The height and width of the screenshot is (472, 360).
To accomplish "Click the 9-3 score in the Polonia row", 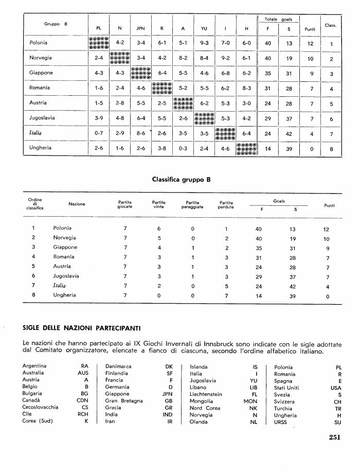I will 204,44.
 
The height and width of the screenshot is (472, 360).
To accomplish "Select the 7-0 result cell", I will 225,44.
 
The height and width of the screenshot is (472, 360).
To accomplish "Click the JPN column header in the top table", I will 140,28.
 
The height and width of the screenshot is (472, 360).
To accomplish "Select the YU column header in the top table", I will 204,28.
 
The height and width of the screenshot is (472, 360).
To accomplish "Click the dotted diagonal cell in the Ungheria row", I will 246,148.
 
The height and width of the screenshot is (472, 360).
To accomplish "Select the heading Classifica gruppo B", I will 182,180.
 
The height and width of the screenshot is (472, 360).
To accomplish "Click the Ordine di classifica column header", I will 35,204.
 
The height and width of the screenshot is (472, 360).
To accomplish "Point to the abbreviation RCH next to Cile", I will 83,414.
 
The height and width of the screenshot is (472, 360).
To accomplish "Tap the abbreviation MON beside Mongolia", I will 250,400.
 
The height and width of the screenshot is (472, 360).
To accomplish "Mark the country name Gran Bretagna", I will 123,400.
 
